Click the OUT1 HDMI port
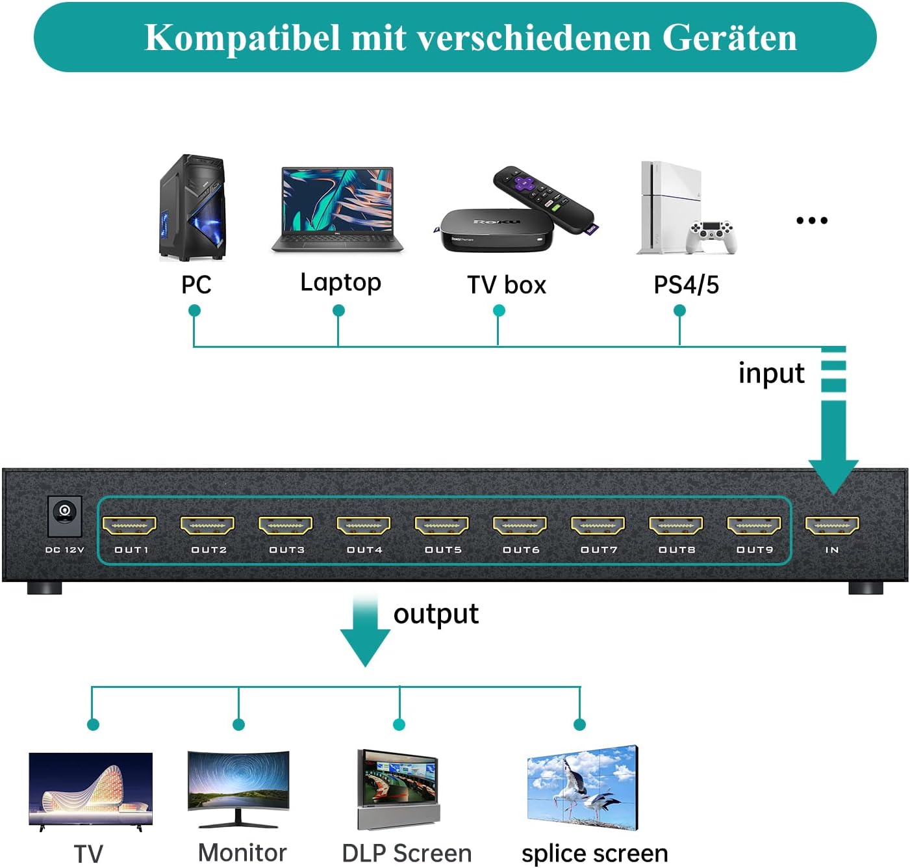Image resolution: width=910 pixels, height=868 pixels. coord(130,525)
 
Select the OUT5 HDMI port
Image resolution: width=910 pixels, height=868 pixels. coord(442,525)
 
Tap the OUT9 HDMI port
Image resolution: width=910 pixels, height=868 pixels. coord(754,525)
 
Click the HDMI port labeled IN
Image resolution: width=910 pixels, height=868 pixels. coord(832,525)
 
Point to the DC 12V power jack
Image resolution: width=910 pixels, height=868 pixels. coord(65,514)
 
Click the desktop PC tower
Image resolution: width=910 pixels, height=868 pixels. coord(192,207)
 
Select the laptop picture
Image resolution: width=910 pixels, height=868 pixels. coord(337,209)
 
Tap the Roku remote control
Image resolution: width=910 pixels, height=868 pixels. coord(544,199)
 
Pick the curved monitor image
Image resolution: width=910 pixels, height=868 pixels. coord(238,789)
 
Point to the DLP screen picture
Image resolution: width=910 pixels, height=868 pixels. coord(398,789)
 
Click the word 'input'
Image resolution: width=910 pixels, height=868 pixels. coord(771,373)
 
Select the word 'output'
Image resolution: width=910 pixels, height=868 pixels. coord(436,614)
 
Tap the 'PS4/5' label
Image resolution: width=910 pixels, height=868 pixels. coord(686,285)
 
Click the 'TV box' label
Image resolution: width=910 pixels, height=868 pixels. coord(507,285)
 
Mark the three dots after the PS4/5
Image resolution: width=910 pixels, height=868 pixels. coord(812,220)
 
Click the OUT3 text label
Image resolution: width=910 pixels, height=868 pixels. coord(286,550)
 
